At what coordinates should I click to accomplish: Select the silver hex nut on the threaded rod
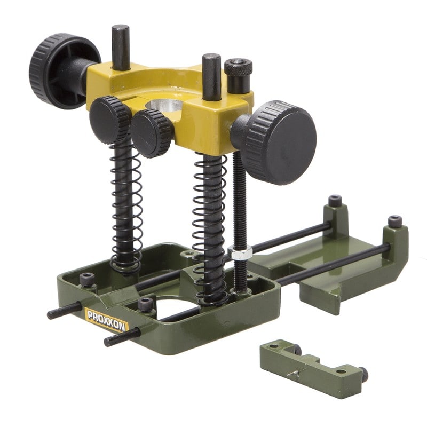coord(240,252)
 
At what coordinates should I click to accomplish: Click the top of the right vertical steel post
coord(211,57)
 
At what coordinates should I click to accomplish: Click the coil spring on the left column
coord(126,207)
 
